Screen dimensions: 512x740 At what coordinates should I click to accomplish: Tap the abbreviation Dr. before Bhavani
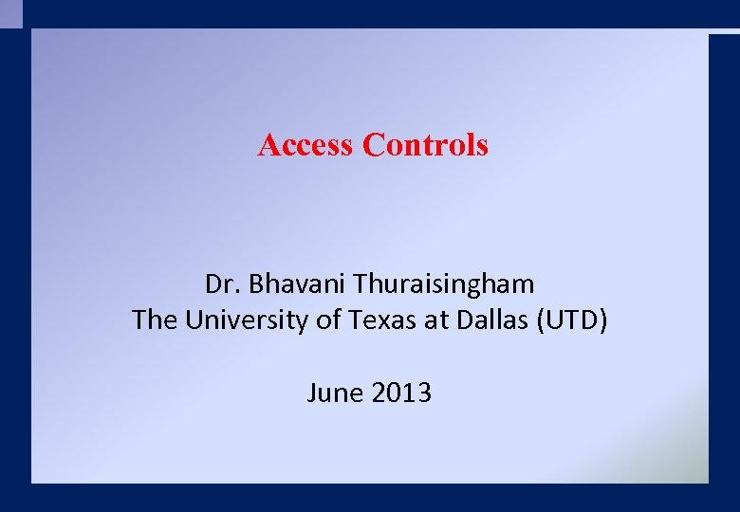(219, 283)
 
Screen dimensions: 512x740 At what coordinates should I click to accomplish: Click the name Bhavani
(293, 283)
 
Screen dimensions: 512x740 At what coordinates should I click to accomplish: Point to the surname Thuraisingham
(444, 283)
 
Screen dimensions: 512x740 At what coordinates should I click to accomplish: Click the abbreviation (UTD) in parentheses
(572, 320)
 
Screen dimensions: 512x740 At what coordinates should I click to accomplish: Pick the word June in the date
(330, 393)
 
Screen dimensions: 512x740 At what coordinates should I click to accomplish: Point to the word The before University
(155, 320)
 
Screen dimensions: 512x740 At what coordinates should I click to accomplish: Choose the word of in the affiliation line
(328, 320)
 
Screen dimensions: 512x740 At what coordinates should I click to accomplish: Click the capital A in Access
(268, 145)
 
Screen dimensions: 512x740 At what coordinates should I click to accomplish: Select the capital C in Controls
(372, 145)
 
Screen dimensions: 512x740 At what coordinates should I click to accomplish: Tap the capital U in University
(194, 320)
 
